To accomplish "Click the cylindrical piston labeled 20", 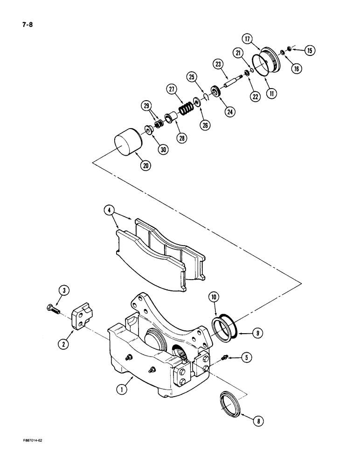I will click(127, 142).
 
